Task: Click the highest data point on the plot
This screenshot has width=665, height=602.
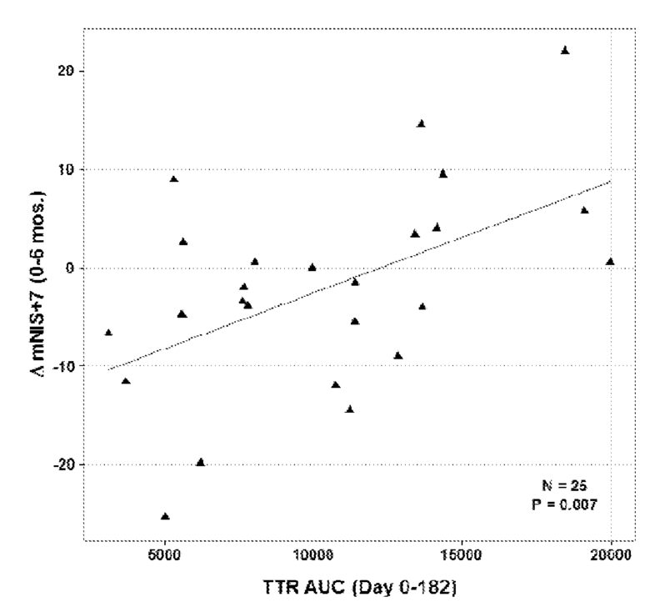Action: pyautogui.click(x=565, y=51)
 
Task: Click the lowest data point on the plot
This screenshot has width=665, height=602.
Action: pyautogui.click(x=165, y=516)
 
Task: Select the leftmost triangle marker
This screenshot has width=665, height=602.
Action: pyautogui.click(x=108, y=333)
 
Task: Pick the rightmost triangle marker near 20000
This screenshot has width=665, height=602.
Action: pyautogui.click(x=610, y=262)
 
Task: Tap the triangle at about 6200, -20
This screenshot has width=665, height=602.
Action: pyautogui.click(x=201, y=463)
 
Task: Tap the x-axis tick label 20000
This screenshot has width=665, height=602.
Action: pyautogui.click(x=611, y=555)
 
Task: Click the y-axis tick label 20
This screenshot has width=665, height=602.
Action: pyautogui.click(x=65, y=71)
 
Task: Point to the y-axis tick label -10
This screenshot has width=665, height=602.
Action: pyautogui.click(x=63, y=366)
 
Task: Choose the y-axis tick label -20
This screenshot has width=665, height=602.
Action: pyautogui.click(x=63, y=464)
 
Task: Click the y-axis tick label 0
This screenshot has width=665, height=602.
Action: pyautogui.click(x=70, y=268)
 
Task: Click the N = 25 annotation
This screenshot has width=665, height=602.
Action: pyautogui.click(x=564, y=486)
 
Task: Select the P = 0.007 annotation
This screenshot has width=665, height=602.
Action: pyautogui.click(x=564, y=504)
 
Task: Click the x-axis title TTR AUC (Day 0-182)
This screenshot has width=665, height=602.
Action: pyautogui.click(x=360, y=588)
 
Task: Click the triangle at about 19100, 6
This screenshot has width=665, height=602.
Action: pyautogui.click(x=584, y=210)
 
